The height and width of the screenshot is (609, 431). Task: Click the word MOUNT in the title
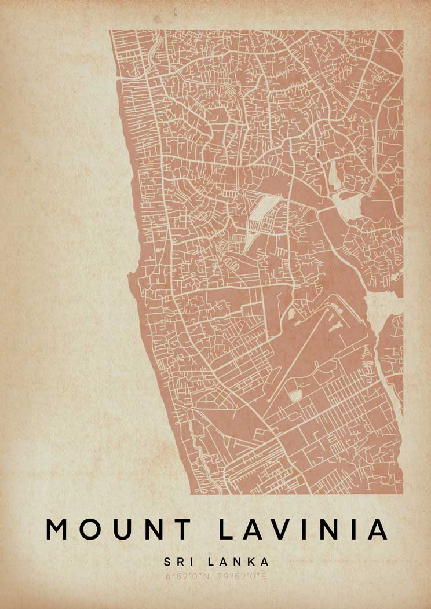point(118,529)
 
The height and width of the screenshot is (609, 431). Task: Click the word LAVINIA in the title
point(303,529)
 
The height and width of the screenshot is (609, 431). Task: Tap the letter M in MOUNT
point(58,529)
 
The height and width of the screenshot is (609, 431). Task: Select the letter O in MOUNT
point(91,529)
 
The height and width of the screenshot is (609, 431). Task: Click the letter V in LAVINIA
point(282,529)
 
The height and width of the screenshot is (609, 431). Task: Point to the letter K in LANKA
point(253,562)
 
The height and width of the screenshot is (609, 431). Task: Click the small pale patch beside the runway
point(296,396)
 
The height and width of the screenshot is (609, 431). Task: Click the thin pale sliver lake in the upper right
point(333,174)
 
